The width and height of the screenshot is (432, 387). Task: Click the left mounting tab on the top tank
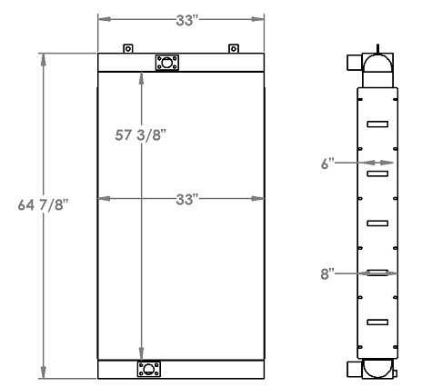click(x=128, y=49)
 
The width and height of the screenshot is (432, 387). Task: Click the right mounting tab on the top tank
click(x=233, y=49)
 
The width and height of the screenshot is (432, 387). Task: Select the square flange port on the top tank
click(x=166, y=62)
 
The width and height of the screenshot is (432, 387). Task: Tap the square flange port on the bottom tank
click(x=146, y=368)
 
